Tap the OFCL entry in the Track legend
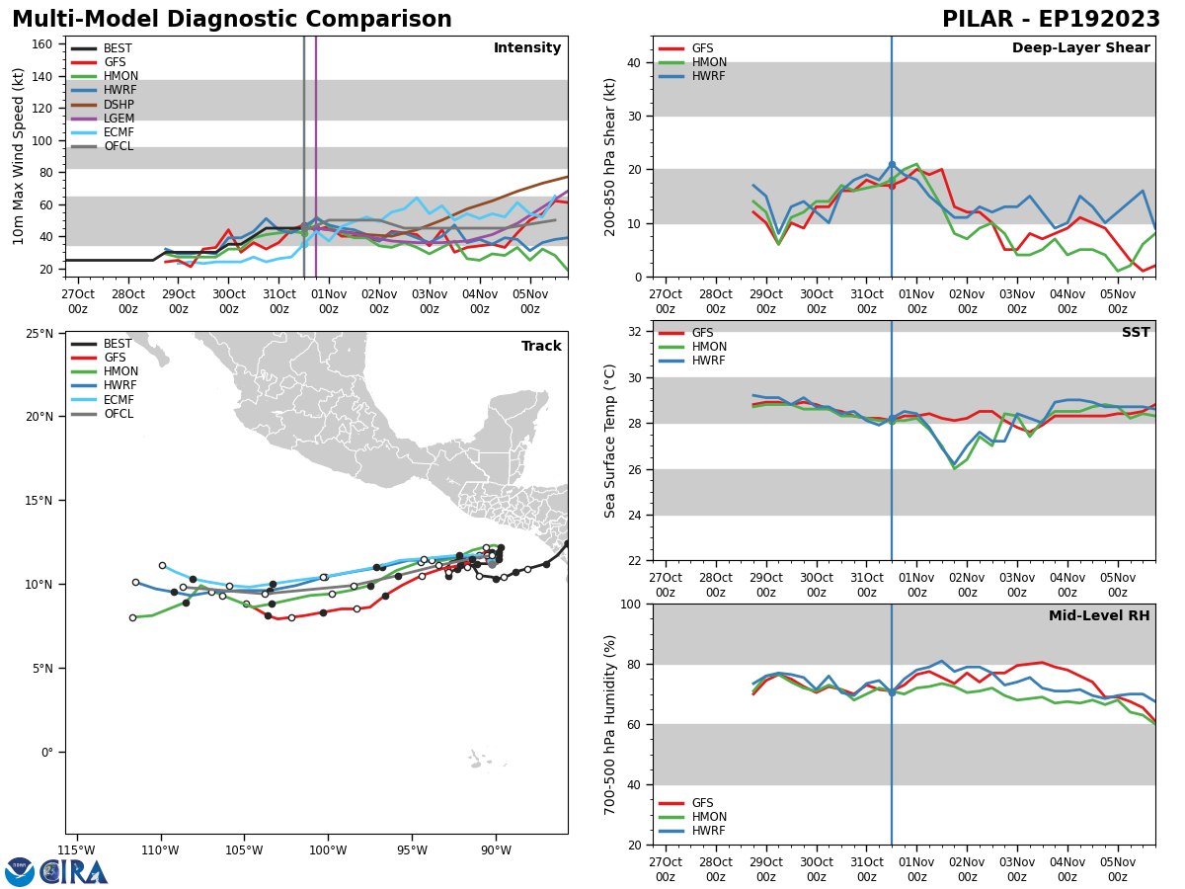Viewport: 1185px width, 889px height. click(x=118, y=414)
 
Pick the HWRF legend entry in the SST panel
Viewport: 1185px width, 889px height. click(x=709, y=361)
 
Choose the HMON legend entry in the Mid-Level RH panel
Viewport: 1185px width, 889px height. click(x=709, y=817)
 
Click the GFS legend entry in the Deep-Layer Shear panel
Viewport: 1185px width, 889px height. click(x=702, y=48)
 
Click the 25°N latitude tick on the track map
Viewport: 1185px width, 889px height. click(x=39, y=333)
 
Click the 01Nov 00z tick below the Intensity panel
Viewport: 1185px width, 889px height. click(x=329, y=301)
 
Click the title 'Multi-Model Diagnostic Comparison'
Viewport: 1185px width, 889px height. click(x=232, y=20)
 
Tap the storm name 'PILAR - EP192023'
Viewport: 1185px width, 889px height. click(x=1051, y=20)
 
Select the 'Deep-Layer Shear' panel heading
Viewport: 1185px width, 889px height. click(x=1080, y=48)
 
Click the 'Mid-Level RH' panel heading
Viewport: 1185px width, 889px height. click(x=1099, y=616)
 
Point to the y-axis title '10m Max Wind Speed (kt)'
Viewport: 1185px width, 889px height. click(x=19, y=156)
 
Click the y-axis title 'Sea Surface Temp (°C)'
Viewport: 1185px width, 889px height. click(x=610, y=441)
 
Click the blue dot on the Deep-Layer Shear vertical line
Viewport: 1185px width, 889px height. click(x=892, y=165)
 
